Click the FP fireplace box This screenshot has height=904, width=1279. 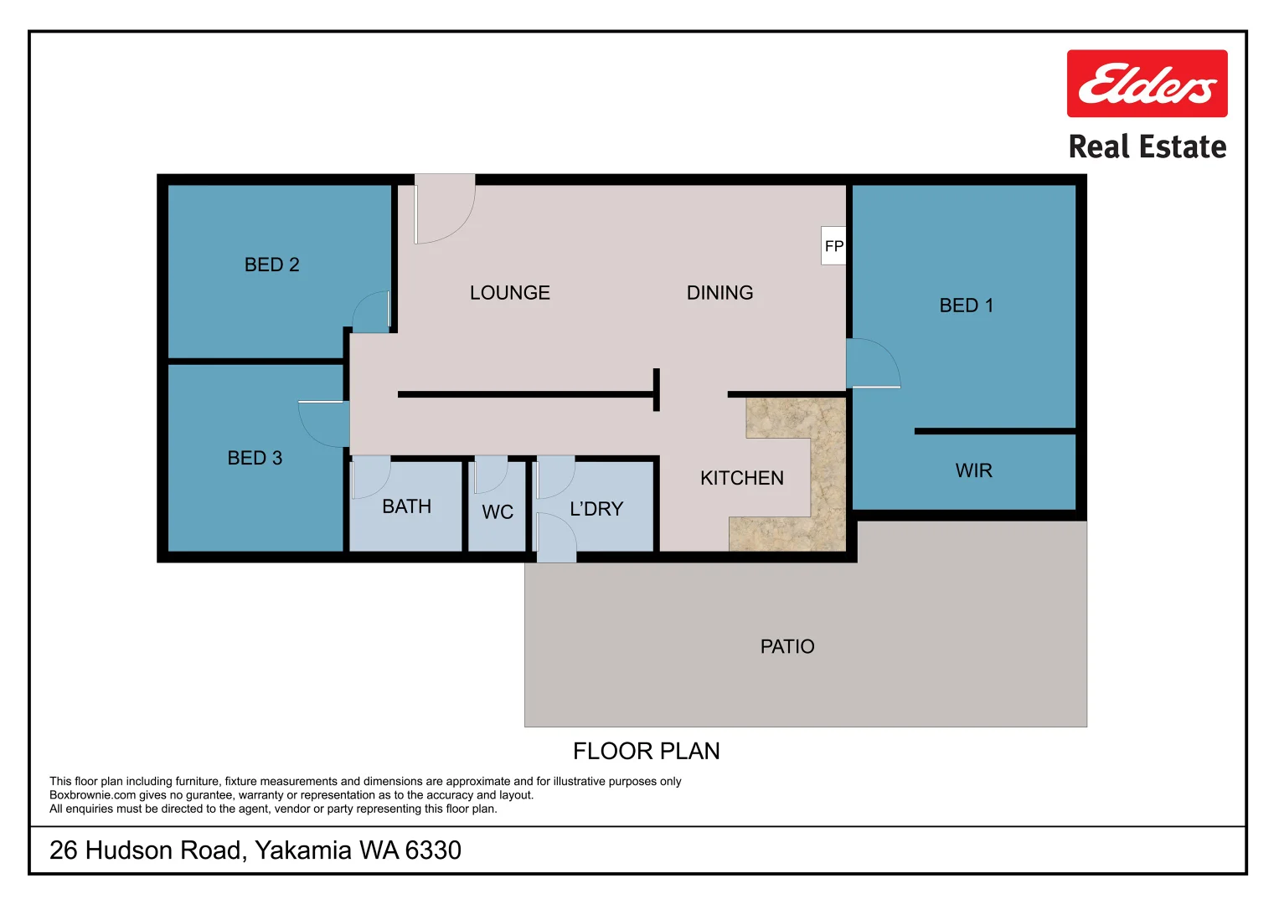[x=833, y=246]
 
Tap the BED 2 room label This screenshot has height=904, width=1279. [x=271, y=265]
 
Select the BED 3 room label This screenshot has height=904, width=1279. [x=255, y=458]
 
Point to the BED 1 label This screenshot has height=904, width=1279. [x=966, y=306]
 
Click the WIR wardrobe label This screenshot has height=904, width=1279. [x=973, y=470]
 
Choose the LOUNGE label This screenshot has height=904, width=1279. [x=509, y=293]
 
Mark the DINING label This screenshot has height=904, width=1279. [x=719, y=293]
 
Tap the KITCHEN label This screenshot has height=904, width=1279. [x=741, y=478]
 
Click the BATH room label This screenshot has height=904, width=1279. [x=406, y=506]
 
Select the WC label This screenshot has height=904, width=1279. [x=498, y=512]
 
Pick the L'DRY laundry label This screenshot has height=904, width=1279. [x=596, y=509]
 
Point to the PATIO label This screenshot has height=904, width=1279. [x=786, y=646]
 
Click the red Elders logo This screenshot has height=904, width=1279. [x=1147, y=84]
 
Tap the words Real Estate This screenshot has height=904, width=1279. [x=1147, y=147]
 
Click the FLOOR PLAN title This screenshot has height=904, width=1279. [x=646, y=751]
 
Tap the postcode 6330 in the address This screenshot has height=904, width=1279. [x=433, y=850]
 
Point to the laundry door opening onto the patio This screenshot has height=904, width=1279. [x=555, y=537]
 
